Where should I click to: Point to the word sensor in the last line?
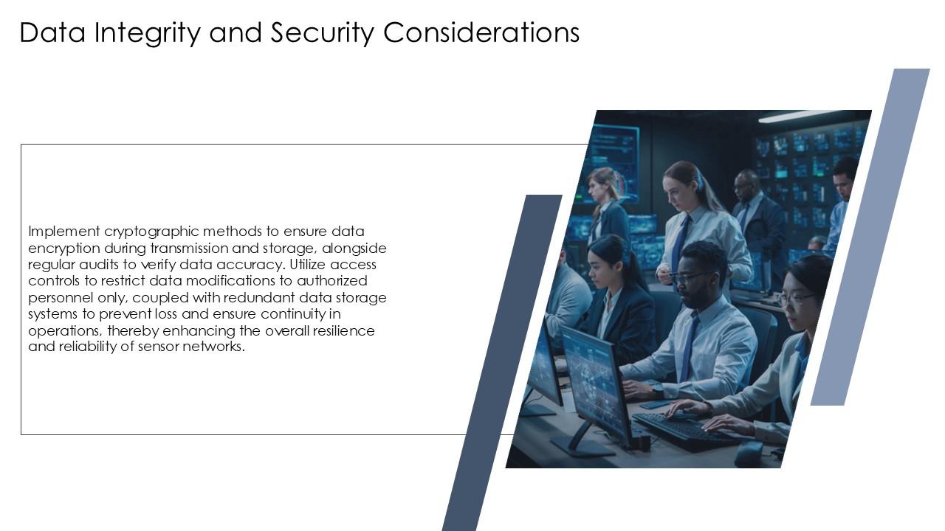pyautogui.click(x=159, y=347)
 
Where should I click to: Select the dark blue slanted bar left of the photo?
pyautogui.click(x=502, y=361)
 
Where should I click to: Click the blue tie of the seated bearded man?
pyautogui.click(x=690, y=347)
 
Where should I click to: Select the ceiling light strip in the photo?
pyautogui.click(x=797, y=116)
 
